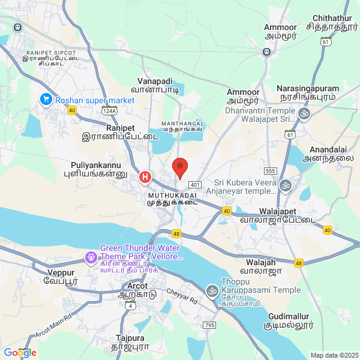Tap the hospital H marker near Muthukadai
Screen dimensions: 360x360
tap(145, 177)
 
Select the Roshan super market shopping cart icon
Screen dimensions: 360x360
tap(45, 100)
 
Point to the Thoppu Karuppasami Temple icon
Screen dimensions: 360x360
tap(211, 291)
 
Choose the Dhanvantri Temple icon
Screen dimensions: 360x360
tap(304, 112)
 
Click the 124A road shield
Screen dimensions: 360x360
tap(109, 111)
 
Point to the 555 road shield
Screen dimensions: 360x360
tap(270, 171)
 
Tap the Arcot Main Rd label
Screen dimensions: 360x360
tap(53, 323)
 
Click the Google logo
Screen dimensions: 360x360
tap(20, 353)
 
